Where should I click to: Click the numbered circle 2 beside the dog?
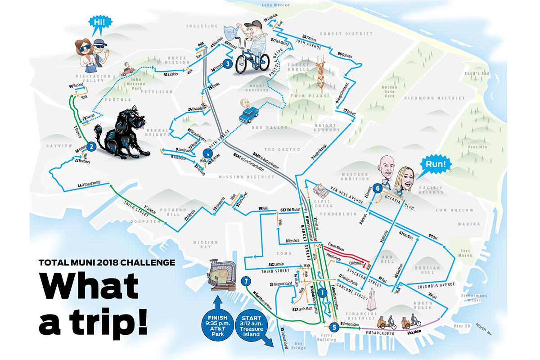click(91, 146)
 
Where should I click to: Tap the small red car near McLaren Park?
click(127, 71)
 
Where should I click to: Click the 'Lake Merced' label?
click(274, 5)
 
